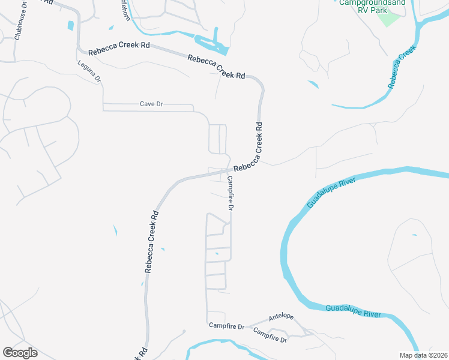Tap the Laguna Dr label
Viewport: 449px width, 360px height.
[x=90, y=71]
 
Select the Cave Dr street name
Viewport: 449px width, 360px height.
[x=151, y=104]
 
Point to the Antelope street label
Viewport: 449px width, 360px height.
[x=281, y=316]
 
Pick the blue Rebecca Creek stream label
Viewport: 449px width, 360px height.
[x=402, y=70]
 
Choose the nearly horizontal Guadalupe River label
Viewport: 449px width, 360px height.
[x=354, y=310]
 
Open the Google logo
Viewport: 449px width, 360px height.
[x=20, y=353]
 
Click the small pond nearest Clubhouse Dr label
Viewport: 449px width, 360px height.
[x=71, y=26]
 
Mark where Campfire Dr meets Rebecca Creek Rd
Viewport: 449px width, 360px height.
[x=228, y=171]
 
